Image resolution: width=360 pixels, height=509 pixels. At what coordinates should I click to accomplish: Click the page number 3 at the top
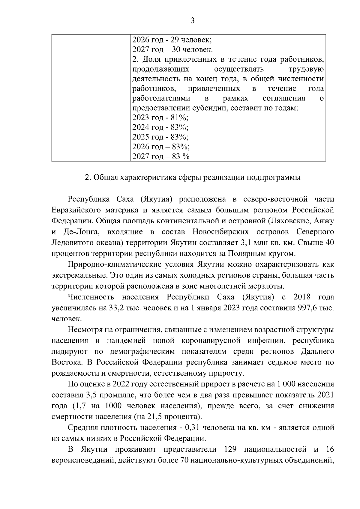192,21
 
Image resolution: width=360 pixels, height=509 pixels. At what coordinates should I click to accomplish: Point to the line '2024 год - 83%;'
160,127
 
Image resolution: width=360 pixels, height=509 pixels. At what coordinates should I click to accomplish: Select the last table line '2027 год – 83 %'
161,156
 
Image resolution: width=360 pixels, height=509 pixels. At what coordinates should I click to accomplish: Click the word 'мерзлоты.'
268,286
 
